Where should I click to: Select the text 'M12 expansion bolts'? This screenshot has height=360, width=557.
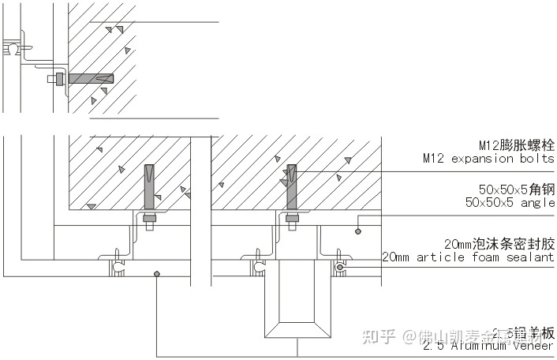488,159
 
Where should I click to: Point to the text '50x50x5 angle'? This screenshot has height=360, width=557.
510,203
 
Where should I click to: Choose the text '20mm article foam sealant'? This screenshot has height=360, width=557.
468,257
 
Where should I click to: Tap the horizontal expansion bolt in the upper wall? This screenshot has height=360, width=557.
92,79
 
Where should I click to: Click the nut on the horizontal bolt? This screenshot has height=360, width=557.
58,79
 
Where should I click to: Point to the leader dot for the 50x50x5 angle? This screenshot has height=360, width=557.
357,231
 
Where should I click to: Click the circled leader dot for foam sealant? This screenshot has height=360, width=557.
340,268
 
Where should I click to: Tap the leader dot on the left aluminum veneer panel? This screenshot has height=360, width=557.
157,274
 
